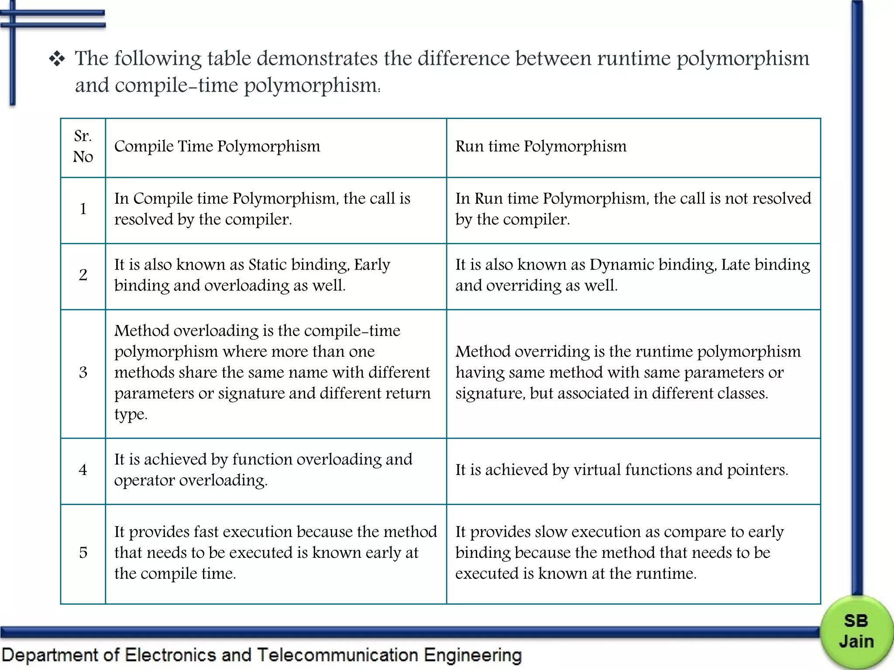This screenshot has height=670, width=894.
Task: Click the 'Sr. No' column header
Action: click(83, 147)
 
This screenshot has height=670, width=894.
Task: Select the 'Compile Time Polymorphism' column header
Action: click(217, 147)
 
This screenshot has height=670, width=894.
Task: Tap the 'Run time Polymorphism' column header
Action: click(541, 147)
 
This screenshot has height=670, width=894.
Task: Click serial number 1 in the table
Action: click(83, 209)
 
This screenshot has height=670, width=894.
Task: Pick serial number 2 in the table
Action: click(83, 275)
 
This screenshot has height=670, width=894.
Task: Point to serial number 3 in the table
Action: click(83, 373)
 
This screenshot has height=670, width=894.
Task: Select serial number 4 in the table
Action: click(83, 470)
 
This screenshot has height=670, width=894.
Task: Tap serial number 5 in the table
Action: click(83, 553)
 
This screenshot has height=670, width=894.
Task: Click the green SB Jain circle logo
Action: click(856, 632)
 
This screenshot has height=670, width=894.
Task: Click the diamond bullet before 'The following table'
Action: click(57, 59)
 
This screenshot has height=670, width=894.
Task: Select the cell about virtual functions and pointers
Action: click(622, 470)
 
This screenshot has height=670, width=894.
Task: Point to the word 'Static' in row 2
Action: click(267, 265)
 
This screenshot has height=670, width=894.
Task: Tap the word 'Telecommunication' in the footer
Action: click(337, 656)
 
